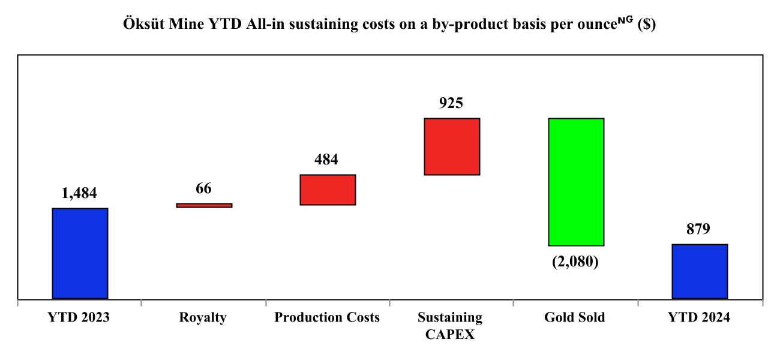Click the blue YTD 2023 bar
(80, 253)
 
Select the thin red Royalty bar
(204, 205)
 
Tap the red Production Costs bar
(328, 190)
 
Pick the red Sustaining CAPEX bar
(452, 146)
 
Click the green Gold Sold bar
(575, 182)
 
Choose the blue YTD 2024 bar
(700, 271)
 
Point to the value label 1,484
(79, 193)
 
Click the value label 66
(203, 188)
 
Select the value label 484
(326, 160)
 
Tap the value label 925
(451, 103)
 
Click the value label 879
(698, 229)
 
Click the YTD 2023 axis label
(79, 318)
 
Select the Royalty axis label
(203, 318)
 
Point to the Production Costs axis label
(327, 318)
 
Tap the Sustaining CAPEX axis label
(450, 326)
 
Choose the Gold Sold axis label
(575, 318)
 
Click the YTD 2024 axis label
(699, 318)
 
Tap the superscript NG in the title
(624, 22)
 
